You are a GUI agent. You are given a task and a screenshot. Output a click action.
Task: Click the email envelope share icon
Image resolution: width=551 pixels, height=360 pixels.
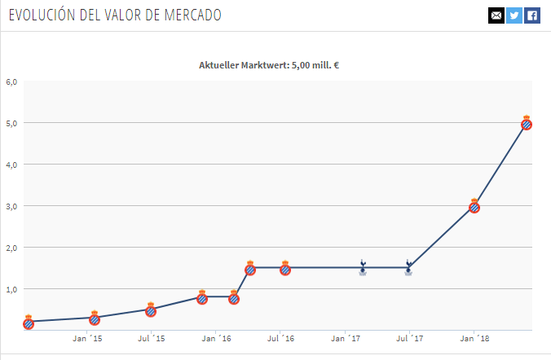point(496,15)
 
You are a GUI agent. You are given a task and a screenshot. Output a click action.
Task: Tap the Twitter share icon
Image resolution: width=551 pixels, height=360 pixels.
point(514,15)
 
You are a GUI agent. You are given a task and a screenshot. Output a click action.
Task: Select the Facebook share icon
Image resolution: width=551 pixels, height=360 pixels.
point(532,15)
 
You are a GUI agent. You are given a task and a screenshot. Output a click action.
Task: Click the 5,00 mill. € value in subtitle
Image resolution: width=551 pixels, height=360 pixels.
point(313,64)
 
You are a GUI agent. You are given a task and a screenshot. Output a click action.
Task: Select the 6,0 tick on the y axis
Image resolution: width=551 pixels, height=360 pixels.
point(11,81)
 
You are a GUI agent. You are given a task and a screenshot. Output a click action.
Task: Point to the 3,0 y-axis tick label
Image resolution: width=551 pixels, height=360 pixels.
point(11,206)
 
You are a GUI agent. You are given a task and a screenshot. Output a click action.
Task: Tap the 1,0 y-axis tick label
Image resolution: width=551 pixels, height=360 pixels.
point(11,289)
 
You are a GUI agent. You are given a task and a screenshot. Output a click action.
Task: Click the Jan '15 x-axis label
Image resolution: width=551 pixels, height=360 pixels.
point(87,337)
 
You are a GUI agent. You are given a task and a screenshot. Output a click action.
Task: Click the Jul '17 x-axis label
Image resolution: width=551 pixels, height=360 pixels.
point(410,337)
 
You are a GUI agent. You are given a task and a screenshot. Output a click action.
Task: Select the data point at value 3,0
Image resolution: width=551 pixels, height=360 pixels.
point(474,206)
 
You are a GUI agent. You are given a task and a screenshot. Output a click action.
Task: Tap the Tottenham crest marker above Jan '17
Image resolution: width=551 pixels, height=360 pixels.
point(363,267)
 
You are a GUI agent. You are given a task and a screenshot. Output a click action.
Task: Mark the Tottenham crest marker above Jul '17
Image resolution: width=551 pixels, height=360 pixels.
point(408,267)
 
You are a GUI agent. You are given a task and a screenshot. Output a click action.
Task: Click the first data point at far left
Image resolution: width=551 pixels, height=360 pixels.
point(29,322)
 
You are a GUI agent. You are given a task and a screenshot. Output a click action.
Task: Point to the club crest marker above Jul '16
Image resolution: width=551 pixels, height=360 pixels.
point(285,268)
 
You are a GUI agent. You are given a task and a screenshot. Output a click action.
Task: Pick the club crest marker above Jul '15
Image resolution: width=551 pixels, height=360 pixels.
point(151,310)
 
